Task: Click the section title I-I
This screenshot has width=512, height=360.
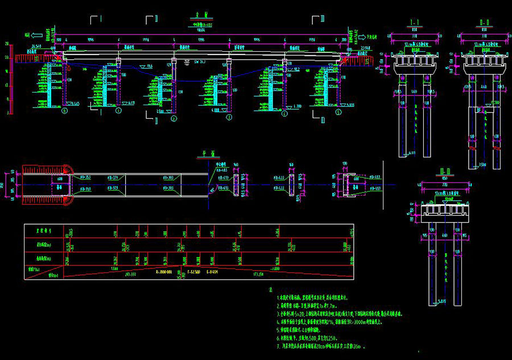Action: coord(414,23)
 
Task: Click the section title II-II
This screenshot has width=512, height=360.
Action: coord(485,23)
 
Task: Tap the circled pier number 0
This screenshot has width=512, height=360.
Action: coord(64,112)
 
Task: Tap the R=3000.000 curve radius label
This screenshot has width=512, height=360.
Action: coord(164,272)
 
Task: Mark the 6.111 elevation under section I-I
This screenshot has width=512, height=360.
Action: coord(411,153)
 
